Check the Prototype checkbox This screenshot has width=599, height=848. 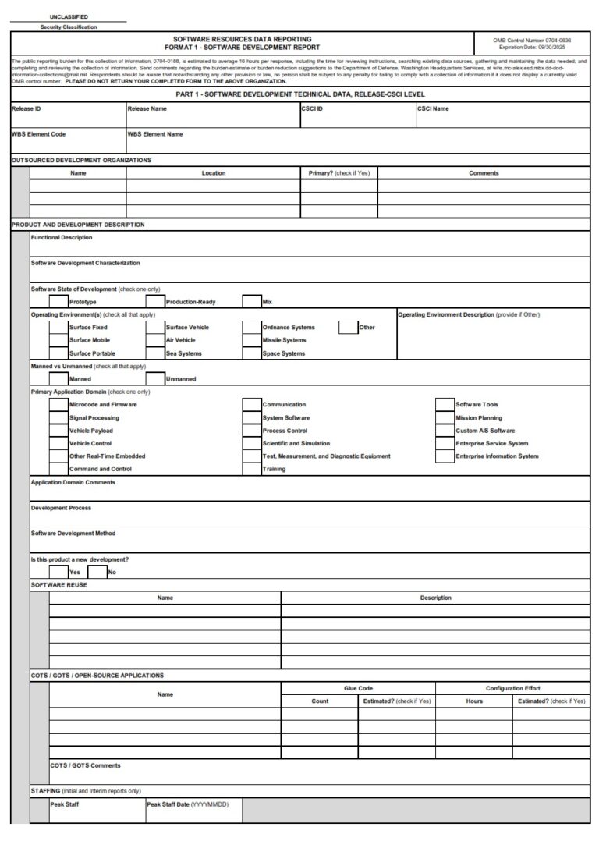pyautogui.click(x=58, y=302)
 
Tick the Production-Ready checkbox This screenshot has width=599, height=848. pyautogui.click(x=155, y=302)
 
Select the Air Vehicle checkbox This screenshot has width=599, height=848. pyautogui.click(x=155, y=340)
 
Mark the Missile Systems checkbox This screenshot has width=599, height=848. pyautogui.click(x=251, y=340)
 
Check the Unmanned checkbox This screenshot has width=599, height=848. pyautogui.click(x=155, y=379)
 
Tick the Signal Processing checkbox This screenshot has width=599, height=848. pyautogui.click(x=58, y=417)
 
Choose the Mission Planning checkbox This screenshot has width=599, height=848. pyautogui.click(x=445, y=417)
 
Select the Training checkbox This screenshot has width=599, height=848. pyautogui.click(x=251, y=469)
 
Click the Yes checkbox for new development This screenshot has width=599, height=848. pyautogui.click(x=58, y=572)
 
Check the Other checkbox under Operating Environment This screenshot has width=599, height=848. pyautogui.click(x=348, y=328)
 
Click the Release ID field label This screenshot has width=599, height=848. pyautogui.click(x=26, y=109)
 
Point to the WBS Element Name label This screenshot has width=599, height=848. pyautogui.click(x=154, y=134)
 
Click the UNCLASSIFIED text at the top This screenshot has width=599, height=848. pyautogui.click(x=69, y=16)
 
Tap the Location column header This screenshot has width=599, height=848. pyautogui.click(x=213, y=173)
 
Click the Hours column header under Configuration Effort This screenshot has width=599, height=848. pyautogui.click(x=474, y=701)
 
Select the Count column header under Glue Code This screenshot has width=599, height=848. pyautogui.click(x=320, y=701)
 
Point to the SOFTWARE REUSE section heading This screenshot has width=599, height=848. pyautogui.click(x=59, y=585)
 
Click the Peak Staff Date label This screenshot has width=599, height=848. pyautogui.click(x=187, y=804)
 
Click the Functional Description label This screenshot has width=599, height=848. pyautogui.click(x=61, y=237)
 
